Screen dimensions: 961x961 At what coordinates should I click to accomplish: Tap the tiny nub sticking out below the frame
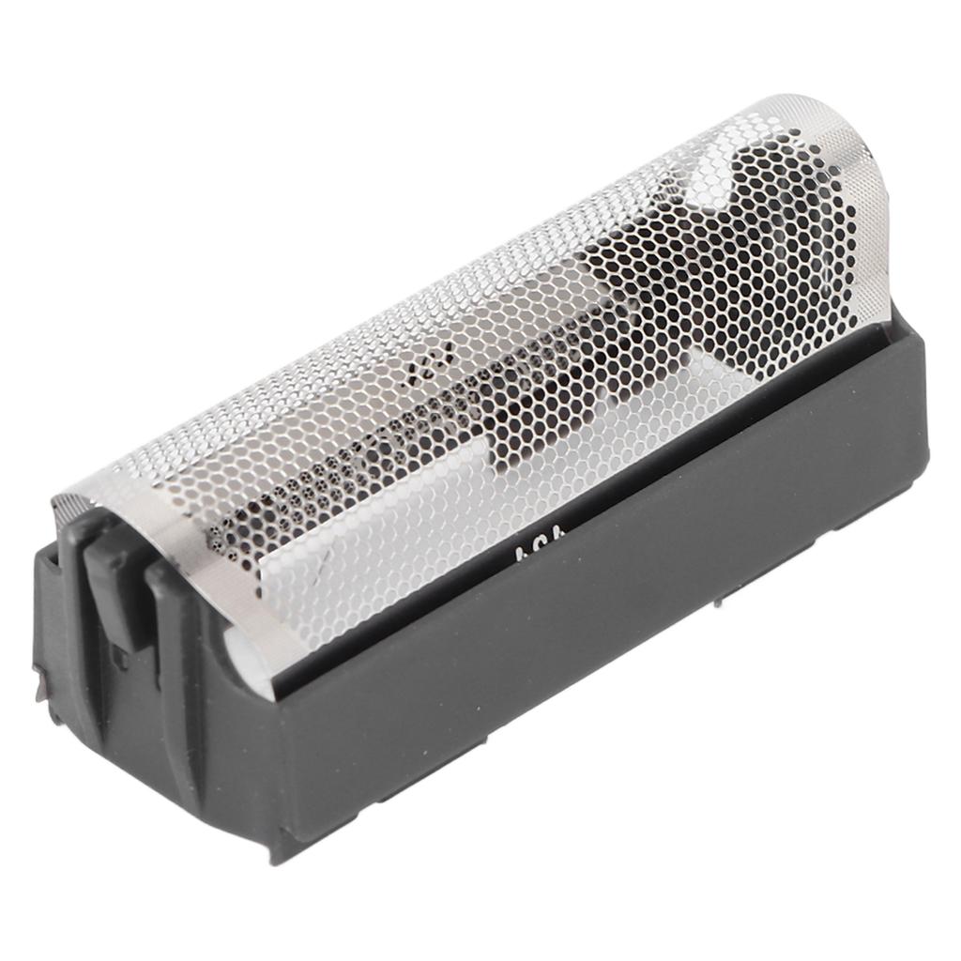[718, 601]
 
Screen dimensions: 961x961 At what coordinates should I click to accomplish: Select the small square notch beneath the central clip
[120, 657]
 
